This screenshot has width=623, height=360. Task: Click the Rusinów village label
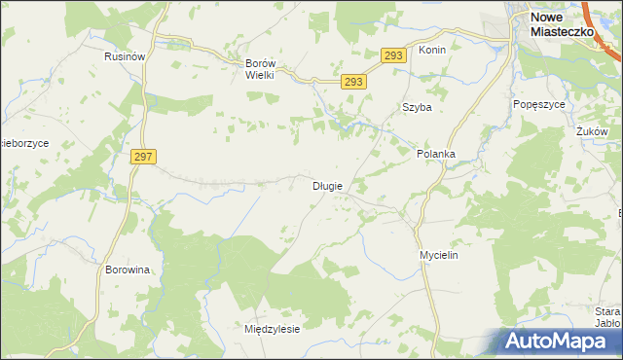[125, 57]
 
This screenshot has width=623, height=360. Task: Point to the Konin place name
[431, 50]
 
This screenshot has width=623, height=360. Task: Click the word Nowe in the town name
[549, 18]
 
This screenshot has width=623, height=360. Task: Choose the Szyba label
[417, 108]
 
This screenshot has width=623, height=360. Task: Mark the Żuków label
[591, 131]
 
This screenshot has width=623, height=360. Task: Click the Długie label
[327, 186]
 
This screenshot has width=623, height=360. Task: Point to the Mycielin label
[438, 255]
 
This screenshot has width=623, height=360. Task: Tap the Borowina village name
[128, 270]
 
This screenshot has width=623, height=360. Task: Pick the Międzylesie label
[272, 329]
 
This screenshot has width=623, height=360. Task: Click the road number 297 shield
[142, 157]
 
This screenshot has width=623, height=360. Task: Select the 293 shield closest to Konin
[392, 56]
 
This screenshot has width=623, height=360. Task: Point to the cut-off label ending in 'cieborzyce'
[24, 143]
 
